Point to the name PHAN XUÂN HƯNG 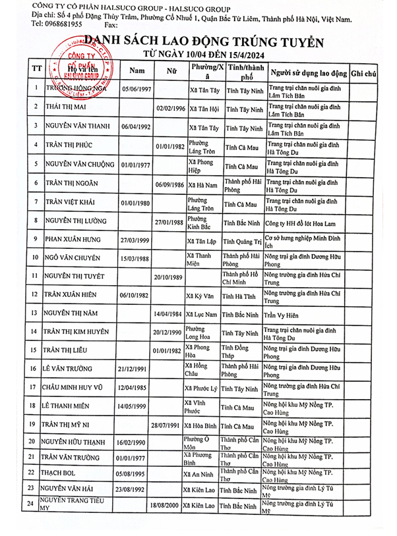click(73, 240)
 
